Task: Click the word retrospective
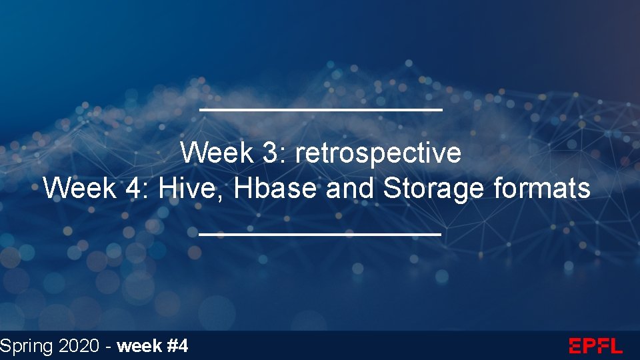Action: [378, 153]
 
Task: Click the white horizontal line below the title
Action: [320, 234]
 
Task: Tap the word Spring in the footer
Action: [26, 347]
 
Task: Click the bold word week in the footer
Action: [139, 346]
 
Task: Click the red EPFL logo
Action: [595, 346]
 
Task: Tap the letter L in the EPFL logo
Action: [615, 346]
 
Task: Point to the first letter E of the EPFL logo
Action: [575, 346]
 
